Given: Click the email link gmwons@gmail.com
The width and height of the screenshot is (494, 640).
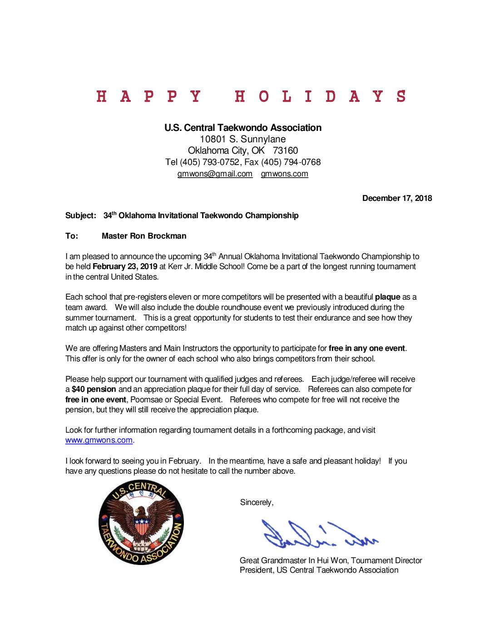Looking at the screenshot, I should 215,174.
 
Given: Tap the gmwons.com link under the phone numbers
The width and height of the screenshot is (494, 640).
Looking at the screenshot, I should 284,174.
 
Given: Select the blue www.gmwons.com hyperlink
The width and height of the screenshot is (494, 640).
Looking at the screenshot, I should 99,440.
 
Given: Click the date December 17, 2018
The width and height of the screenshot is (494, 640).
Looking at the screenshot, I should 397,198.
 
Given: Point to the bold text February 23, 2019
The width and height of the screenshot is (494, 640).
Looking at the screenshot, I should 125,266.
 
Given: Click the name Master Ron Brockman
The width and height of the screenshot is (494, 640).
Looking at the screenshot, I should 144,236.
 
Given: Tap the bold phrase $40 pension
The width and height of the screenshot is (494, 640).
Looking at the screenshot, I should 94,389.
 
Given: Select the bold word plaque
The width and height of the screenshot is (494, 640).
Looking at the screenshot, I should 387,297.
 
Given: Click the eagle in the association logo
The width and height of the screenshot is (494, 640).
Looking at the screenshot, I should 142,523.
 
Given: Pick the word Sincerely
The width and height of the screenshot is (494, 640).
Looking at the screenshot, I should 257,502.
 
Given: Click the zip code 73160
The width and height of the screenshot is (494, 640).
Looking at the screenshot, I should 285,150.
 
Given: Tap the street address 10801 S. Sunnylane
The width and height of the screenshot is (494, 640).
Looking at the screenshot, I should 243,139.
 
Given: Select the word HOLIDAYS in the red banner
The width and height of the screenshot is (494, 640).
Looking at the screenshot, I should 320,96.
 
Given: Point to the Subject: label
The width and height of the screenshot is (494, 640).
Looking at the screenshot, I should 81,215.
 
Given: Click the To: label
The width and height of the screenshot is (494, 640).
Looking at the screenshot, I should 72,236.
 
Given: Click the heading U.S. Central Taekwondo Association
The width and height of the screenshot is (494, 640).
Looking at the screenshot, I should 243,128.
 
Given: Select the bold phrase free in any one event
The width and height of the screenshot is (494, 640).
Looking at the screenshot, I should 366,348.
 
